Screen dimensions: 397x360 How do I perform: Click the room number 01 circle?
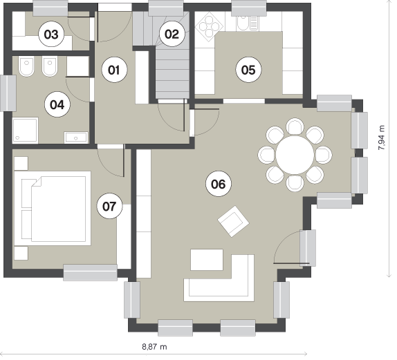114,70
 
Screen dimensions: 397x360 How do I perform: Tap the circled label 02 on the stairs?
172,34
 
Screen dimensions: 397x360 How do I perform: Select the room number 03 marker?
51,34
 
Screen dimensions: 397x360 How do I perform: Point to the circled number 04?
57,104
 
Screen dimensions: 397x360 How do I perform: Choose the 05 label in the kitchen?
248,70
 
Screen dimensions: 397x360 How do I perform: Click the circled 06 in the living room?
219,184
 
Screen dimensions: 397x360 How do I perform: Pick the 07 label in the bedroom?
109,206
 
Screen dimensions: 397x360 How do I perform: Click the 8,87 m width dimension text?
154,346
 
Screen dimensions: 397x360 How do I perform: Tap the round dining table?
295,155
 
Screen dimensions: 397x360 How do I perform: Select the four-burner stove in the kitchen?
209,26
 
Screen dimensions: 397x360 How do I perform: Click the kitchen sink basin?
243,23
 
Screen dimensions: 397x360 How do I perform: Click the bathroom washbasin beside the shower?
76,138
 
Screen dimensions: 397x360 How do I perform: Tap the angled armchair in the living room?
234,221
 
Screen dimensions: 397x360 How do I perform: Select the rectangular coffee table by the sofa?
207,260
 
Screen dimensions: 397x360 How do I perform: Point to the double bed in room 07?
53,209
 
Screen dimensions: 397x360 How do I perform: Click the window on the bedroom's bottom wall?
90,272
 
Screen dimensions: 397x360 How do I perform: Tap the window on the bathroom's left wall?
8,93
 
